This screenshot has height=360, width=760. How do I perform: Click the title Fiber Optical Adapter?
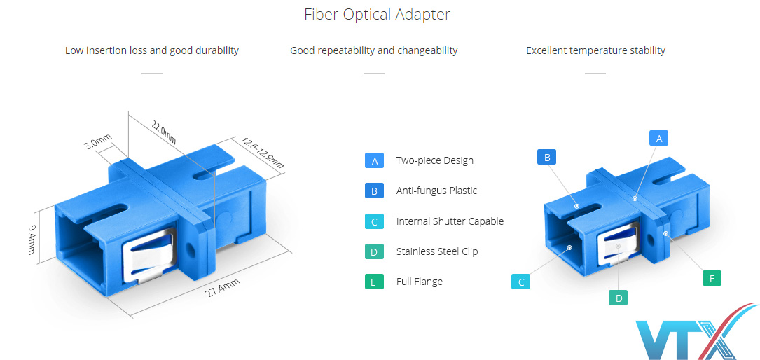point(377,14)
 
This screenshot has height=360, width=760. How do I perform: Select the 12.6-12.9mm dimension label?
point(262,152)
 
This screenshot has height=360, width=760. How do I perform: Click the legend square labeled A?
point(374,160)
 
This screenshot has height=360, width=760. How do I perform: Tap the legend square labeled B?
point(374,191)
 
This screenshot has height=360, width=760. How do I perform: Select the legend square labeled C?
point(374,221)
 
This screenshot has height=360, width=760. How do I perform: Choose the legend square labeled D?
point(374,251)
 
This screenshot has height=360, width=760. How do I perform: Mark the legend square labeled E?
point(374,282)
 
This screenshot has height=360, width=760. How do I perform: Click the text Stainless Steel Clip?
point(436,251)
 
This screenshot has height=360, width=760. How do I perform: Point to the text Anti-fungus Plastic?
point(436,191)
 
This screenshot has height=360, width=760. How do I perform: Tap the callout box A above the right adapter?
point(658,138)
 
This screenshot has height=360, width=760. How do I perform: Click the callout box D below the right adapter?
point(618,298)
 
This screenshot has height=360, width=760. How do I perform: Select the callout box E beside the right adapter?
point(712,278)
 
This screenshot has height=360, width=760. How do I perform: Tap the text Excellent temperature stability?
point(595,50)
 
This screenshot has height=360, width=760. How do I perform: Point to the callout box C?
point(520,282)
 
